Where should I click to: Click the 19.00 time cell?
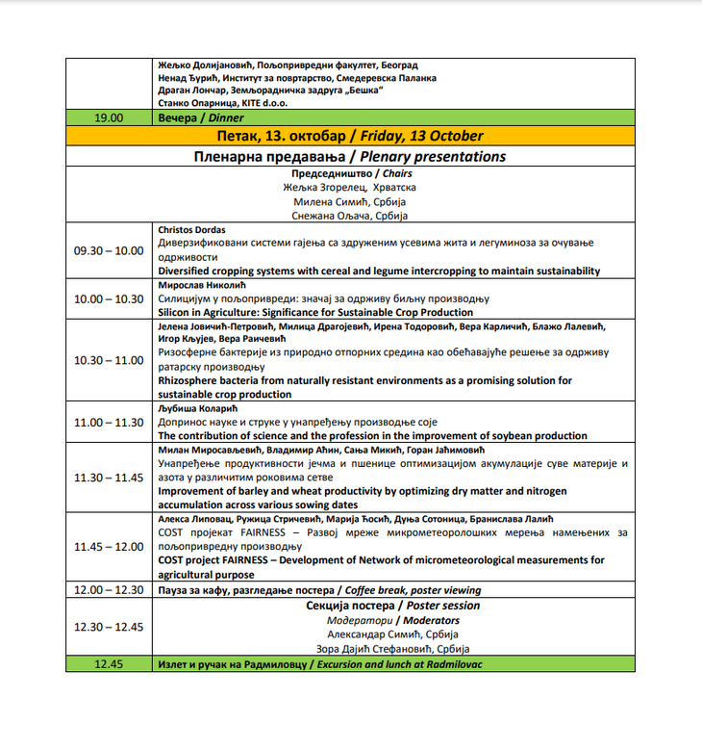point(109,118)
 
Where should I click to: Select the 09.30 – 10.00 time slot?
point(109,250)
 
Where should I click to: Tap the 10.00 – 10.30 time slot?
point(109,298)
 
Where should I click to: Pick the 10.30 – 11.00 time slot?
point(109,360)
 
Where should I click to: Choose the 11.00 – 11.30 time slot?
point(109,423)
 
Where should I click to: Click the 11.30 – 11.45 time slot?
point(109,478)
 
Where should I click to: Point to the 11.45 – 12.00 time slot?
point(109,547)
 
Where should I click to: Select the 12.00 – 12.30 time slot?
point(109,590)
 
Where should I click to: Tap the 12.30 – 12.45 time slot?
point(109,627)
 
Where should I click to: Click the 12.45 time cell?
point(109,664)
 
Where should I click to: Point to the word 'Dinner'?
point(226,118)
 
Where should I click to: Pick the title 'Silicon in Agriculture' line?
point(314,312)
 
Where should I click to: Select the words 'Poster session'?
point(442,606)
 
